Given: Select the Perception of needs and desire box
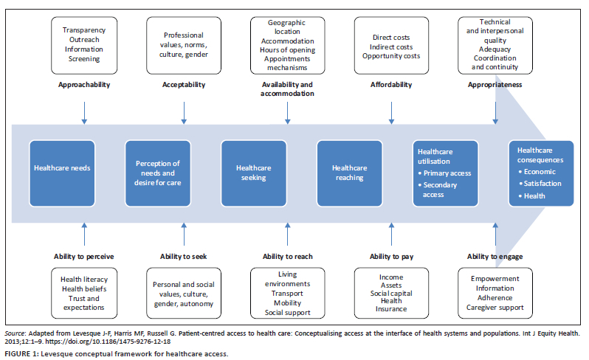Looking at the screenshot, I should (x=158, y=172).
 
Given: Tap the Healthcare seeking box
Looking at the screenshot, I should (x=253, y=172).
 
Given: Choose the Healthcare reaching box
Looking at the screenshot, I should (x=349, y=172).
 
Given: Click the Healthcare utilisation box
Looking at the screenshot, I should (x=444, y=172).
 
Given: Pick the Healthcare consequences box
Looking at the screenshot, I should (x=540, y=171).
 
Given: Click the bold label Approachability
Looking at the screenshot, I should (x=84, y=85).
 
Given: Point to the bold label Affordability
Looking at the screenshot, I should (x=390, y=85).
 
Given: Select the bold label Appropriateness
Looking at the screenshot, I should (x=495, y=85).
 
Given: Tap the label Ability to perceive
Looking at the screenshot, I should (x=84, y=257).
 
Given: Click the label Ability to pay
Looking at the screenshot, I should (x=390, y=257).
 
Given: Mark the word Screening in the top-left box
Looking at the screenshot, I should (x=84, y=58).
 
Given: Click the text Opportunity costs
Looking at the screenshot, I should (x=390, y=57).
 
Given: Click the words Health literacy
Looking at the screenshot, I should (x=84, y=279).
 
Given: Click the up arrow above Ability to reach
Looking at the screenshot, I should (x=287, y=236).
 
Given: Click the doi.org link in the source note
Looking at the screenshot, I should (x=125, y=342).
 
